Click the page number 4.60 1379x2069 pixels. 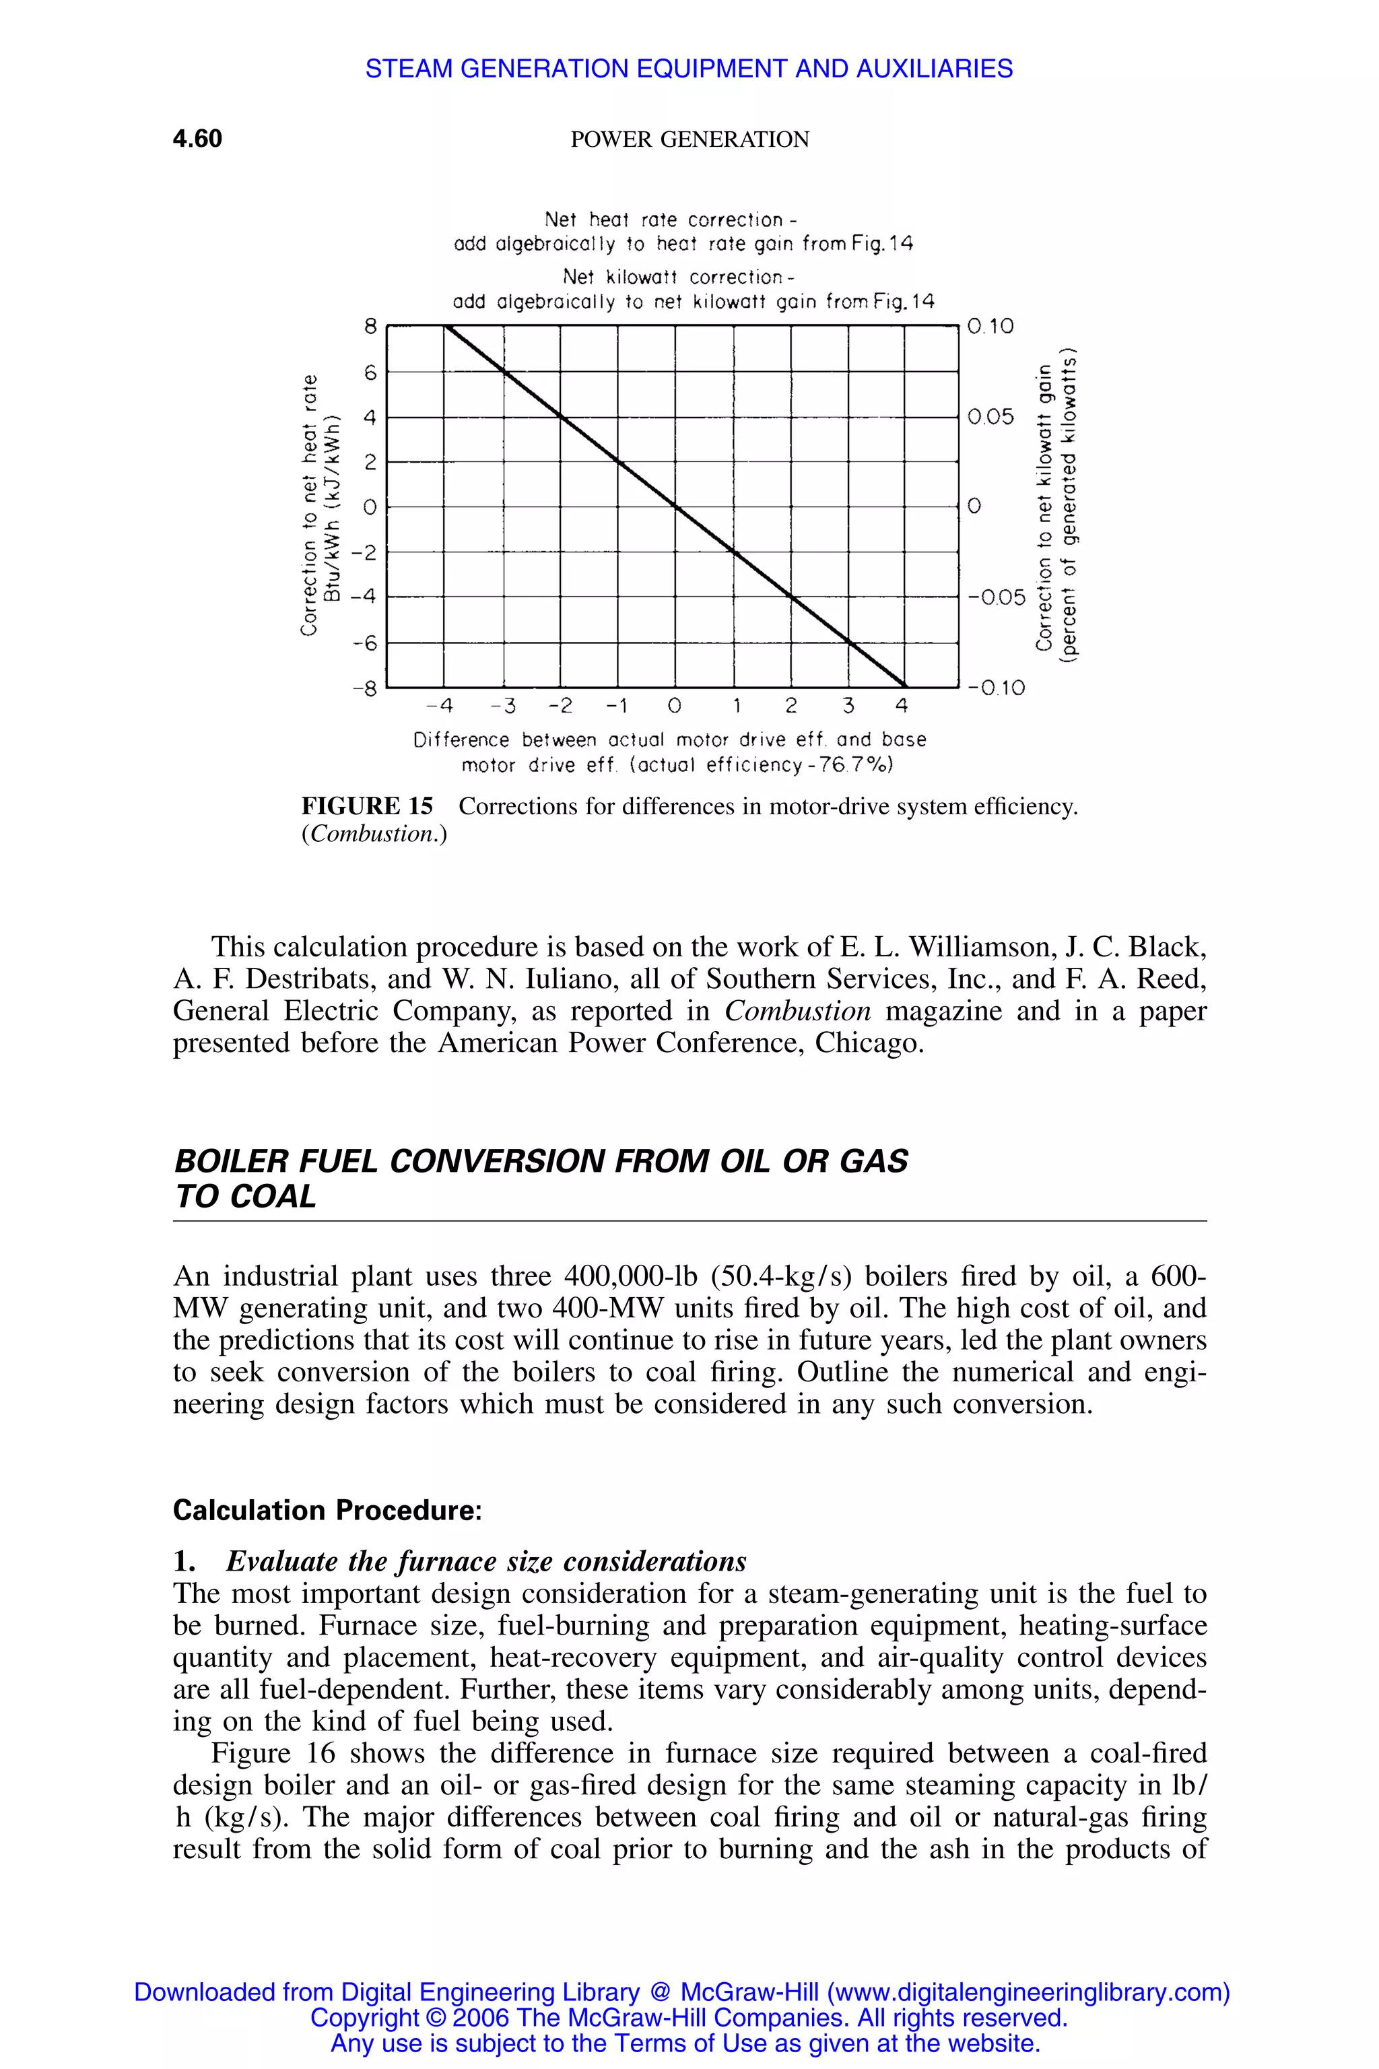pos(197,139)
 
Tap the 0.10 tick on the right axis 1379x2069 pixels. pos(990,327)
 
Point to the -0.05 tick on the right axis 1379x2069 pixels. pos(997,597)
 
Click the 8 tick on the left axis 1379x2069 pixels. pos(370,327)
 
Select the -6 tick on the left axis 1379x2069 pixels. pos(364,643)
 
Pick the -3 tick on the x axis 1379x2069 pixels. pos(502,706)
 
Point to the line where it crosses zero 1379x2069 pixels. pos(675,506)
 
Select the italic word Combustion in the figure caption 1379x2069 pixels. pos(374,834)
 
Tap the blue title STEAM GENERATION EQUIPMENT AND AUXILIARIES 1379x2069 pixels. pos(689,69)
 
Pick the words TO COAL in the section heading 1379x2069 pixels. pos(244,1196)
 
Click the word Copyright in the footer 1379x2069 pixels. pos(364,2017)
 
